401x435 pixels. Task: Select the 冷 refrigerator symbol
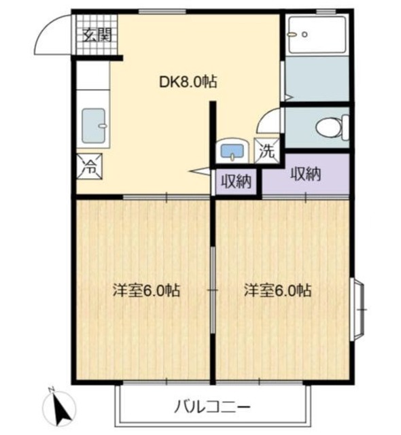90,167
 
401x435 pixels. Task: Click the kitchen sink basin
94,126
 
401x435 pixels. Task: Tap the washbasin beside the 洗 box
232,150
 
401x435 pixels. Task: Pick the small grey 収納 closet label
235,181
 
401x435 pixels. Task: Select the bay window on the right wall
358,309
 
